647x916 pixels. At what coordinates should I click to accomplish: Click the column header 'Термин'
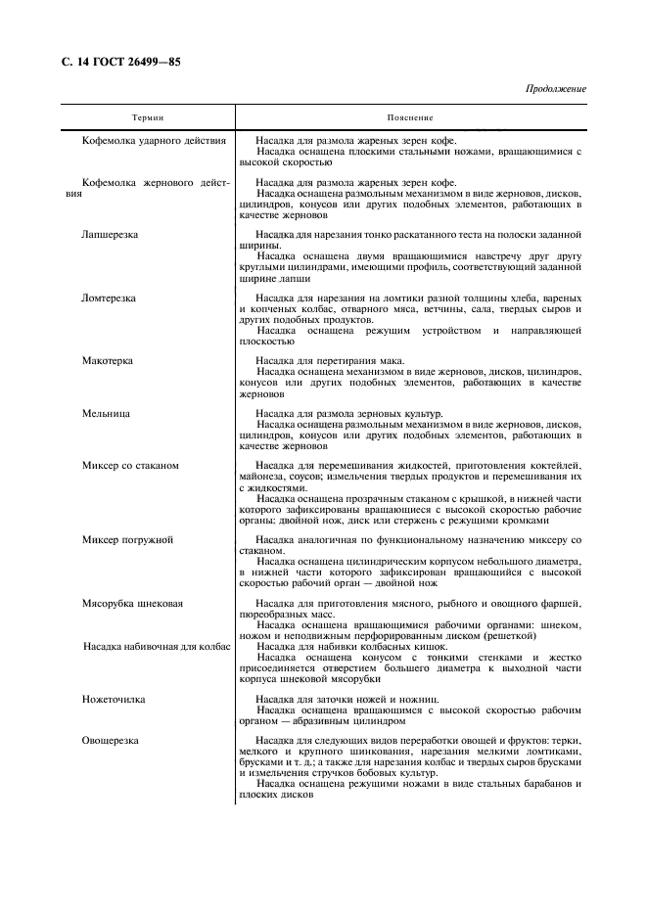point(149,117)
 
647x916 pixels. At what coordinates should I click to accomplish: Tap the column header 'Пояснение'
point(410,117)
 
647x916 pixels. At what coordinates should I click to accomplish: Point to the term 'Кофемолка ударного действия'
point(155,141)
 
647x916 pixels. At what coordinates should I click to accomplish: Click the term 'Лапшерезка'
point(111,236)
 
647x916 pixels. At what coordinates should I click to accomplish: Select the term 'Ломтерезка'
point(110,298)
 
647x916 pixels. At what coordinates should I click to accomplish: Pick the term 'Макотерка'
point(108,361)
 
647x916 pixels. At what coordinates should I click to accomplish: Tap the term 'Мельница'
point(106,414)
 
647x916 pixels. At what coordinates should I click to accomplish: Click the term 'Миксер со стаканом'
point(131,466)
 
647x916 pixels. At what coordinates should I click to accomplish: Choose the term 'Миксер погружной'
point(128,539)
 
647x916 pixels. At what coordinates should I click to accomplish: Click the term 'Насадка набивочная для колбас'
point(157,647)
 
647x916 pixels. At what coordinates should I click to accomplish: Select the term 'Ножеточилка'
point(113,700)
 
